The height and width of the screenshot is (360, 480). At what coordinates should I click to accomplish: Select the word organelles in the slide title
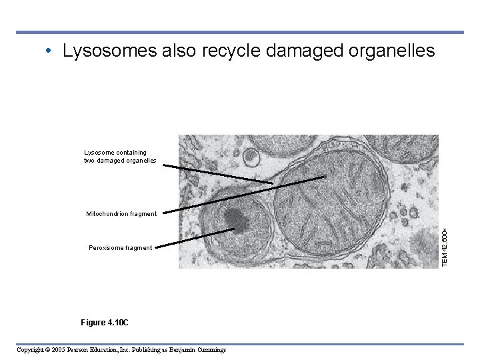389,52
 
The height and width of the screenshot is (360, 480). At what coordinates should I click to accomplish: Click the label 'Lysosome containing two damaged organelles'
120,157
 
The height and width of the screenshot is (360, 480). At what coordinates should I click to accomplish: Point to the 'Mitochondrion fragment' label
121,214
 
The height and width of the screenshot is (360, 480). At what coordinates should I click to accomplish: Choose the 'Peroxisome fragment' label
121,248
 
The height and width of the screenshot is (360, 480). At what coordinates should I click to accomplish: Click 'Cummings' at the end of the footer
210,350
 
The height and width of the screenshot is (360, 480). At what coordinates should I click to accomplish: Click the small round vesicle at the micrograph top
251,157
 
